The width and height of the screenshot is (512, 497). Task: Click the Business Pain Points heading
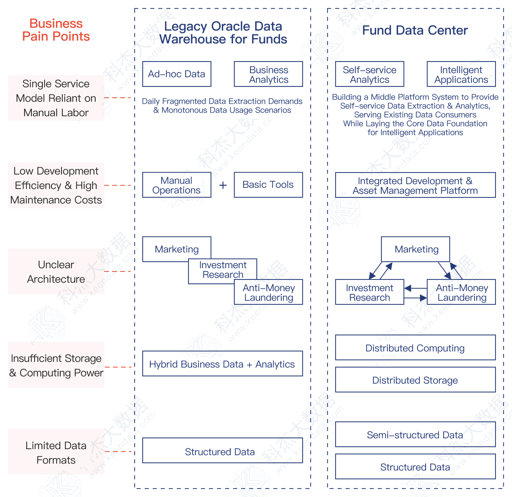click(x=56, y=30)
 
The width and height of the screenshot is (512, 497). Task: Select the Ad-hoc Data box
click(x=177, y=74)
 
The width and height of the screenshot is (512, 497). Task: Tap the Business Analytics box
click(x=268, y=74)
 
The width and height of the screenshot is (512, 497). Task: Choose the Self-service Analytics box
click(x=370, y=74)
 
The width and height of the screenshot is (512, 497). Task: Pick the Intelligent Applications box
click(x=461, y=74)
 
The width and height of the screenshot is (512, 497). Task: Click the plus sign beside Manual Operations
click(x=223, y=185)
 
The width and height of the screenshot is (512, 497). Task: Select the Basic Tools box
click(x=268, y=185)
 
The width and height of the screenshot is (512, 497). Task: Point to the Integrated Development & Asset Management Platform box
click(x=416, y=185)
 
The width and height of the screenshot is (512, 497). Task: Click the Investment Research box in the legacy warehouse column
click(x=223, y=270)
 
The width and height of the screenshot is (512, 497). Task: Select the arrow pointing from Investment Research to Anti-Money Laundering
click(x=416, y=298)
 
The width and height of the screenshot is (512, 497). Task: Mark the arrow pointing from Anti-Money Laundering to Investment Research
click(x=416, y=288)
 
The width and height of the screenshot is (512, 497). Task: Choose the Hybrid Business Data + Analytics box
click(x=223, y=364)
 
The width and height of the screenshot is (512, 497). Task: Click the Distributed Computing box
click(x=416, y=348)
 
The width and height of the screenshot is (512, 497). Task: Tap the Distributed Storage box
click(x=416, y=380)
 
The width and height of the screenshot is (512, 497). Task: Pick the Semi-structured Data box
click(x=416, y=435)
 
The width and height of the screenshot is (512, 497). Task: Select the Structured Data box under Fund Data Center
click(x=416, y=467)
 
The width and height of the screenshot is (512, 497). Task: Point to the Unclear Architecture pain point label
click(x=56, y=272)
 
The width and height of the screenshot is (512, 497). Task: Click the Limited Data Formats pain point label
click(x=56, y=452)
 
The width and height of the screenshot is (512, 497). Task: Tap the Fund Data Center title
click(x=415, y=31)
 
